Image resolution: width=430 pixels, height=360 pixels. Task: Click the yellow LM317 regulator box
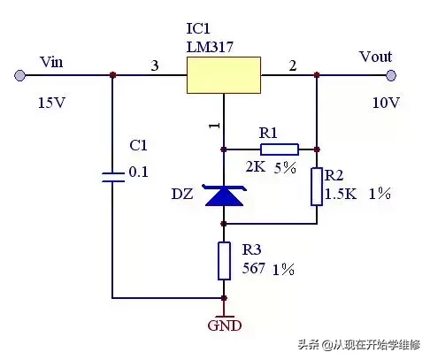coord(224,75)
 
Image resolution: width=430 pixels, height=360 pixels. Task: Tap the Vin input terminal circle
coord(19,75)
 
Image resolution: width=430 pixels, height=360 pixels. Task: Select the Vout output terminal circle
coord(391,75)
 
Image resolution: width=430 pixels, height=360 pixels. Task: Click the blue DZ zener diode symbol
coord(224,195)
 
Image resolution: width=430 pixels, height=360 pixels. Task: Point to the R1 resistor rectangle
coord(280,149)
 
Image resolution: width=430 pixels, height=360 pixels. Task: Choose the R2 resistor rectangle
coord(317,187)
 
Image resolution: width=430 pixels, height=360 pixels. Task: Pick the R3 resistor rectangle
coord(224,261)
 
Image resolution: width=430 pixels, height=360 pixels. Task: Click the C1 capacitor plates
coord(112,177)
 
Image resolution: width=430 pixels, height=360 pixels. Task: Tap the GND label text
coord(225,326)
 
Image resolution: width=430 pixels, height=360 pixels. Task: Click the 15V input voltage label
coord(51,103)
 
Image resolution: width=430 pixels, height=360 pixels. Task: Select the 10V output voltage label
coord(386,103)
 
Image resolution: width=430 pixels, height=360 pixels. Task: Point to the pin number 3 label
coord(155,65)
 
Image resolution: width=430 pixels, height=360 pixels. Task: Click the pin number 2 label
coord(292,65)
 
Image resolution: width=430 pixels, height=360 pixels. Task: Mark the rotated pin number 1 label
coord(215,126)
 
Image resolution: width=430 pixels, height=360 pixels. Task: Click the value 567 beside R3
coord(253,268)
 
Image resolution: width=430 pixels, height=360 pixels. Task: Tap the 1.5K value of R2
coord(341,194)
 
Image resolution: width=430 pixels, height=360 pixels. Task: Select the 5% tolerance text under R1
coord(285,168)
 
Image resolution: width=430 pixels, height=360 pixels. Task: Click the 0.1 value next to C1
coord(138,172)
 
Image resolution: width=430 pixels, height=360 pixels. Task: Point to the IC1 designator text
coord(198,28)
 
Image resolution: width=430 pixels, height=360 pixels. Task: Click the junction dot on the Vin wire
coord(112,75)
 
